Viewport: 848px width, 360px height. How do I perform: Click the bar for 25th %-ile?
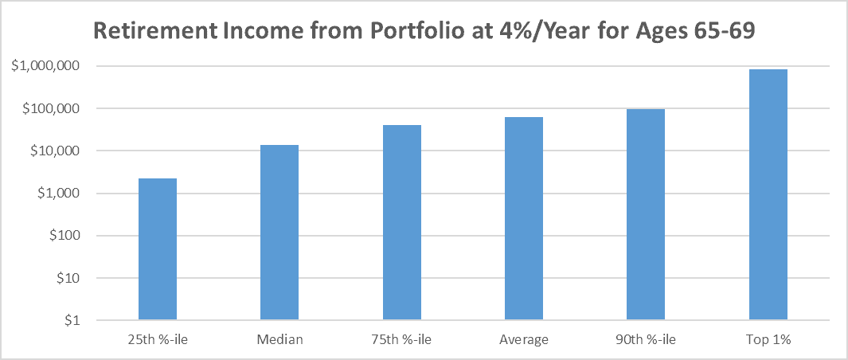(158, 249)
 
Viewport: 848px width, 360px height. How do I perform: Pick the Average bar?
(524, 219)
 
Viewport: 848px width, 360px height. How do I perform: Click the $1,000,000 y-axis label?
(45, 66)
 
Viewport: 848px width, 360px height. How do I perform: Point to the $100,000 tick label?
(51, 108)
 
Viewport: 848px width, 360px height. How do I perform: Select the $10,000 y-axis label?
(55, 151)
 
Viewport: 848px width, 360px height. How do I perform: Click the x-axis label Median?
(279, 340)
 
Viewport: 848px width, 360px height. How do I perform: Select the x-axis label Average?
(524, 340)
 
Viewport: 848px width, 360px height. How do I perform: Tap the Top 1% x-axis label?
(768, 340)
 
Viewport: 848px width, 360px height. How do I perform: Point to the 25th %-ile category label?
(158, 340)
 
